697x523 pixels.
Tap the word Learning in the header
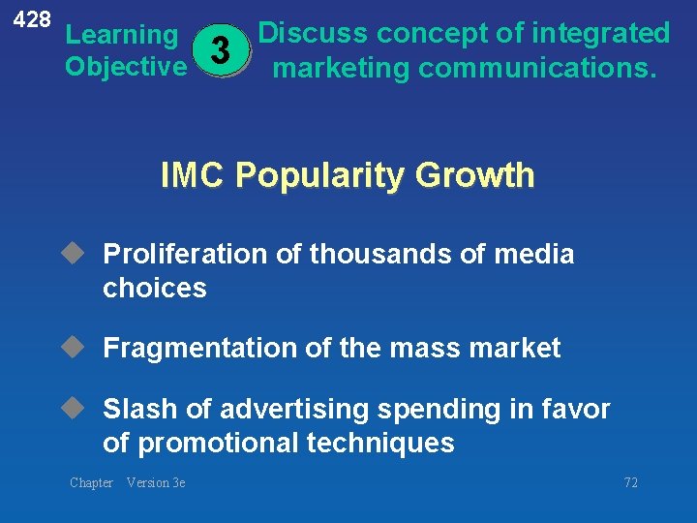point(121,36)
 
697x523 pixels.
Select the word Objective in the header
point(126,67)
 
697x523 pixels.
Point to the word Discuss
point(313,34)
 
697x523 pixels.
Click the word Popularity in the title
point(321,175)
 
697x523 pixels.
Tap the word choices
point(155,288)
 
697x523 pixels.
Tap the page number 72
point(630,482)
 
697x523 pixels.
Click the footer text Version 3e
point(156,482)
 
